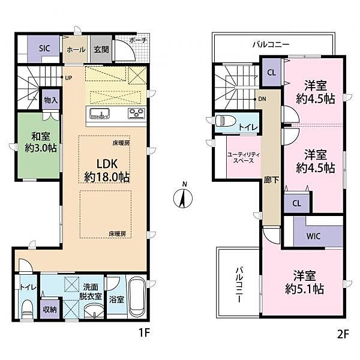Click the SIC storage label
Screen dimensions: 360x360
44,48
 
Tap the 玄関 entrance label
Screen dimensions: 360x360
101,49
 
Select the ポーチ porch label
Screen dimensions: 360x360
138,40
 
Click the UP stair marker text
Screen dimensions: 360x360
68,78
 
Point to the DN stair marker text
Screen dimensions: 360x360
262,99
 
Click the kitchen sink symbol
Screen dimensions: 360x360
100,113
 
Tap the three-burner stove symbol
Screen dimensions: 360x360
136,113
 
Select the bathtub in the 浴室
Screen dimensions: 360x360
136,298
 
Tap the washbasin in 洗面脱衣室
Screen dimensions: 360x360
94,310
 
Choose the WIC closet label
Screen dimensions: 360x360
313,236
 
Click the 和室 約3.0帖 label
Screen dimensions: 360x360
41,142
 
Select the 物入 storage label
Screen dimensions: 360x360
51,100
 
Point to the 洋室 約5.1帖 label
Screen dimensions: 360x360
304,282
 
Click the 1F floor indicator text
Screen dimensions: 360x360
144,332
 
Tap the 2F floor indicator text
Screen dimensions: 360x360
343,334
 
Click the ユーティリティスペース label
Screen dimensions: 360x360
244,158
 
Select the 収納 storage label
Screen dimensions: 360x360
50,310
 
